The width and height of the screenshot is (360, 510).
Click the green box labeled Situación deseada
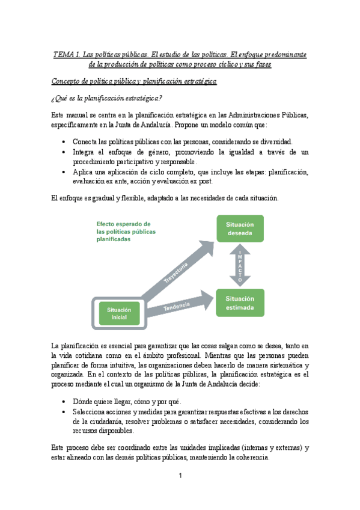point(240,229)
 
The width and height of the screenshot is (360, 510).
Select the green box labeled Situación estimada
point(240,303)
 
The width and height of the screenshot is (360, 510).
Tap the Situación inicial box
point(119,313)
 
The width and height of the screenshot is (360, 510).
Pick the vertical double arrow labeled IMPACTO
point(240,266)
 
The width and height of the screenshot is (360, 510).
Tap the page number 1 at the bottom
point(180,476)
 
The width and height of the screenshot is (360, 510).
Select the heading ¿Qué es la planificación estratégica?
point(106,98)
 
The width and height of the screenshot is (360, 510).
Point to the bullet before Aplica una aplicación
point(64,173)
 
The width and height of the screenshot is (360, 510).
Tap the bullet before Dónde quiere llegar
point(64,401)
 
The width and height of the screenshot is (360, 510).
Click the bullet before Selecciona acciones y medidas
point(64,412)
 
